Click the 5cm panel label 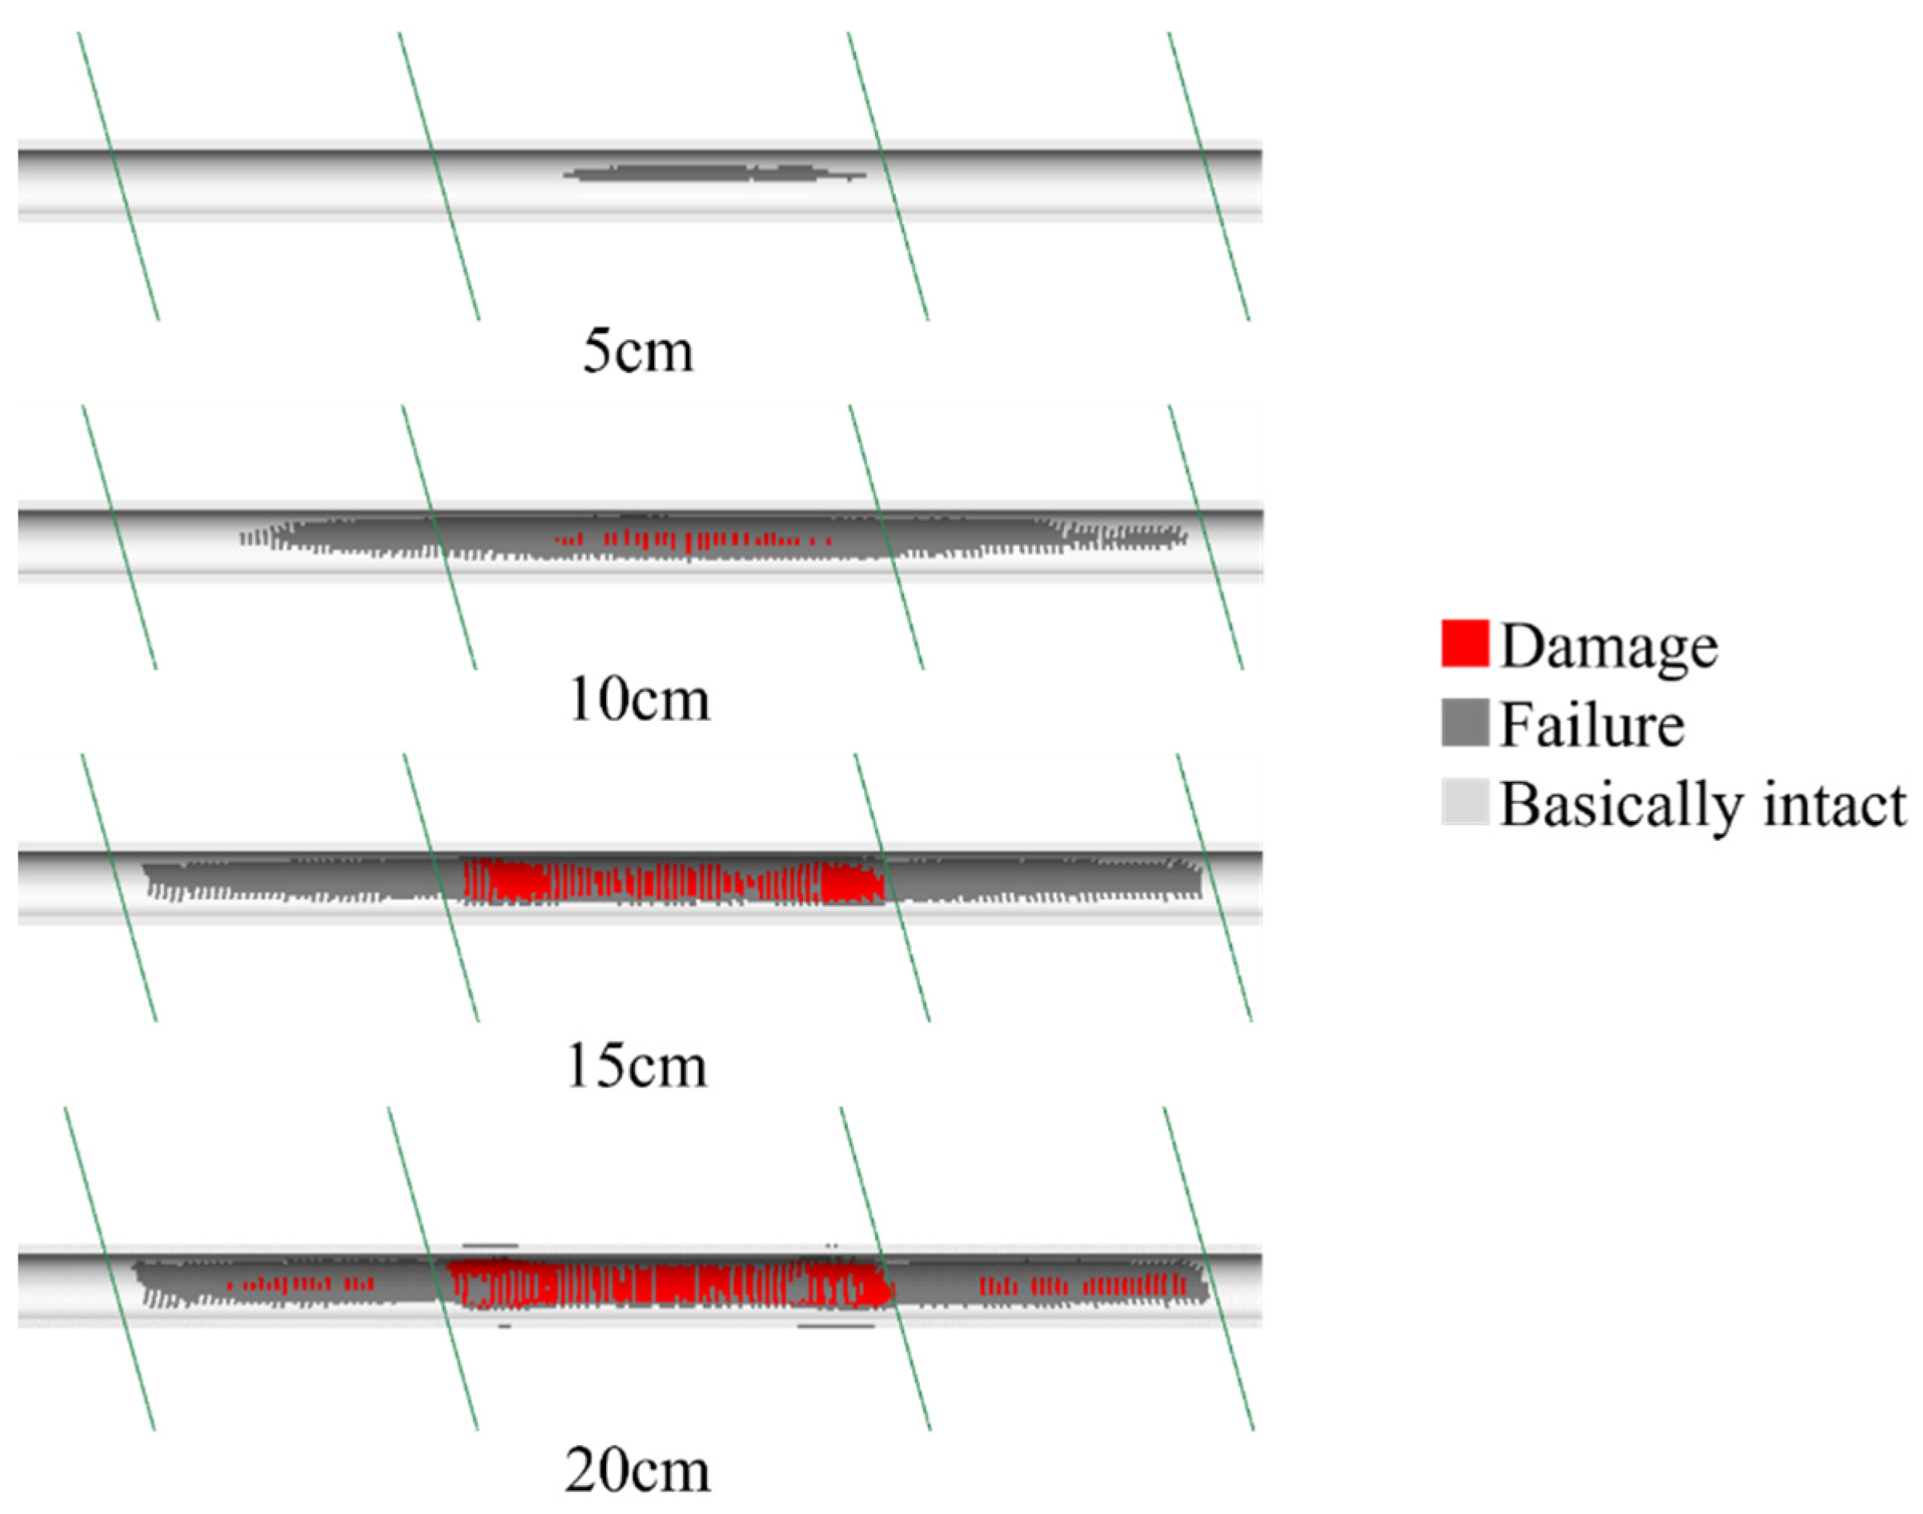pyautogui.click(x=637, y=351)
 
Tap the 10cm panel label pyautogui.click(x=638, y=700)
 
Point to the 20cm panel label pyautogui.click(x=636, y=1472)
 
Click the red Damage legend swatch pyautogui.click(x=1464, y=643)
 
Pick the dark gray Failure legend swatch pyautogui.click(x=1464, y=723)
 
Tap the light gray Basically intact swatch pyautogui.click(x=1464, y=801)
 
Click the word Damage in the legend pyautogui.click(x=1609, y=647)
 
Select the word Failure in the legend pyautogui.click(x=1592, y=725)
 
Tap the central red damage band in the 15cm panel pyautogui.click(x=674, y=883)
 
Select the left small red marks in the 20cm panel pyautogui.click(x=299, y=1284)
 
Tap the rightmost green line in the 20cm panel pyautogui.click(x=1208, y=1268)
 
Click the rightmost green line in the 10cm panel pyautogui.click(x=1206, y=537)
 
